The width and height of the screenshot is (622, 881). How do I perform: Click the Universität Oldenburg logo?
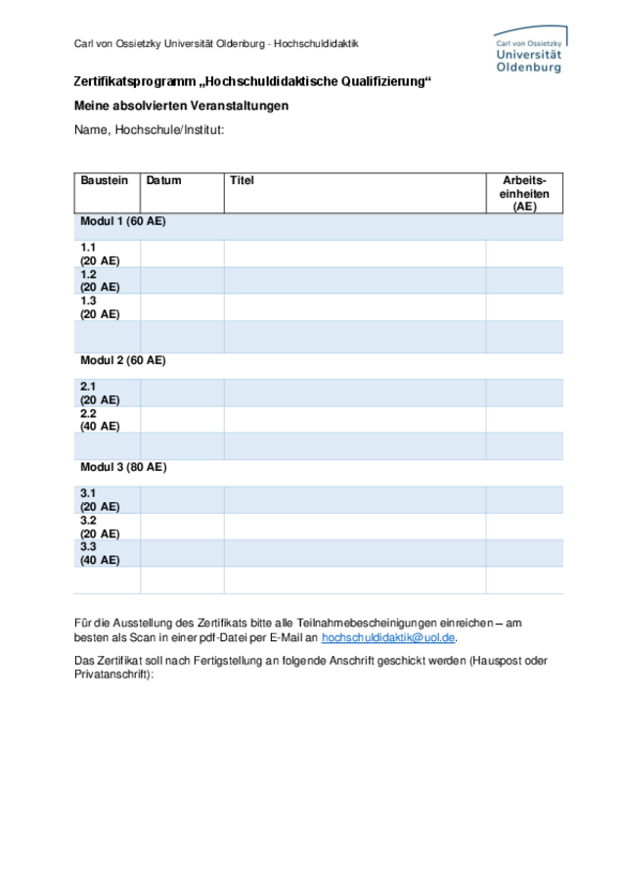click(528, 52)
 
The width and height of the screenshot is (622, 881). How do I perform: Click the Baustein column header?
click(105, 181)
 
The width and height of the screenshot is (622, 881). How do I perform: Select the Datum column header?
click(164, 181)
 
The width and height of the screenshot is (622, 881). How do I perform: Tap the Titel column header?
click(242, 181)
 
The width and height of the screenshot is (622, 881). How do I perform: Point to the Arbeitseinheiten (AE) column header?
click(524, 194)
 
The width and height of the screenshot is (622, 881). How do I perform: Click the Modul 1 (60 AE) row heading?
click(123, 222)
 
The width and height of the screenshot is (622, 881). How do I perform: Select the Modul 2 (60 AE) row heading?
click(123, 361)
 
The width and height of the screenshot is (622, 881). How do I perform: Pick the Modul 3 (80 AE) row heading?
click(123, 468)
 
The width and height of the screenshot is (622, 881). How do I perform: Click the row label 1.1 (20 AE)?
click(100, 255)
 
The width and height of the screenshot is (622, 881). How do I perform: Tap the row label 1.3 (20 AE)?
click(100, 307)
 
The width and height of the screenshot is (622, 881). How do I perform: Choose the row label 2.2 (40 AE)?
click(100, 420)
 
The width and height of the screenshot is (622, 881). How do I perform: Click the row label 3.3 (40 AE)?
click(100, 553)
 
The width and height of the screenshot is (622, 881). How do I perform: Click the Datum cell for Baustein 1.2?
click(182, 281)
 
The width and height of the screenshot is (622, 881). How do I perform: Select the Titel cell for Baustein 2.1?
click(354, 394)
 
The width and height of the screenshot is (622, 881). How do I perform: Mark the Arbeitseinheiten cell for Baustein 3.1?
click(524, 500)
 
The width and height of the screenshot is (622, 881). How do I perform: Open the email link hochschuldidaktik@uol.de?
click(388, 637)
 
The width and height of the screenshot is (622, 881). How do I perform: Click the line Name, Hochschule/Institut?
click(150, 129)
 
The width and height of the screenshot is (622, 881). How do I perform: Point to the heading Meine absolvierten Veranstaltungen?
click(181, 106)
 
